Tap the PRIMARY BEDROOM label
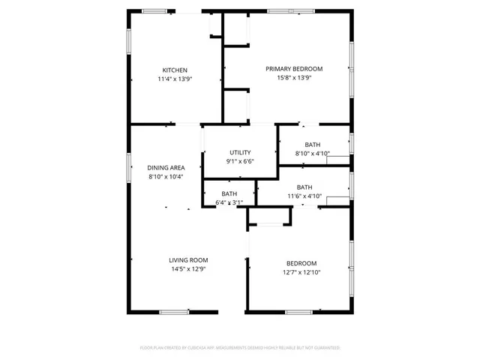pos(289,69)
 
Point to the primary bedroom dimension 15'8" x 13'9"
pos(289,77)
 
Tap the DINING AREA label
pos(166,168)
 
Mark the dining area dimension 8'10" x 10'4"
pos(166,176)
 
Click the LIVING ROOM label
pos(187,260)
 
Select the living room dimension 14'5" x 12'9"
pos(187,268)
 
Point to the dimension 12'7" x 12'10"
pos(301,271)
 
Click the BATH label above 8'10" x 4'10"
pos(313,145)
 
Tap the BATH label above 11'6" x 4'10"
pos(304,187)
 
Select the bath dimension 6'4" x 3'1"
pos(229,202)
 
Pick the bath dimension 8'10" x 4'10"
pos(313,153)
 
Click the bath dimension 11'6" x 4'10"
pos(304,196)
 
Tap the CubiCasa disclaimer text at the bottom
pos(240,348)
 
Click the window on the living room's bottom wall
pos(173,311)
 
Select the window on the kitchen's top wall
pos(154,10)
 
